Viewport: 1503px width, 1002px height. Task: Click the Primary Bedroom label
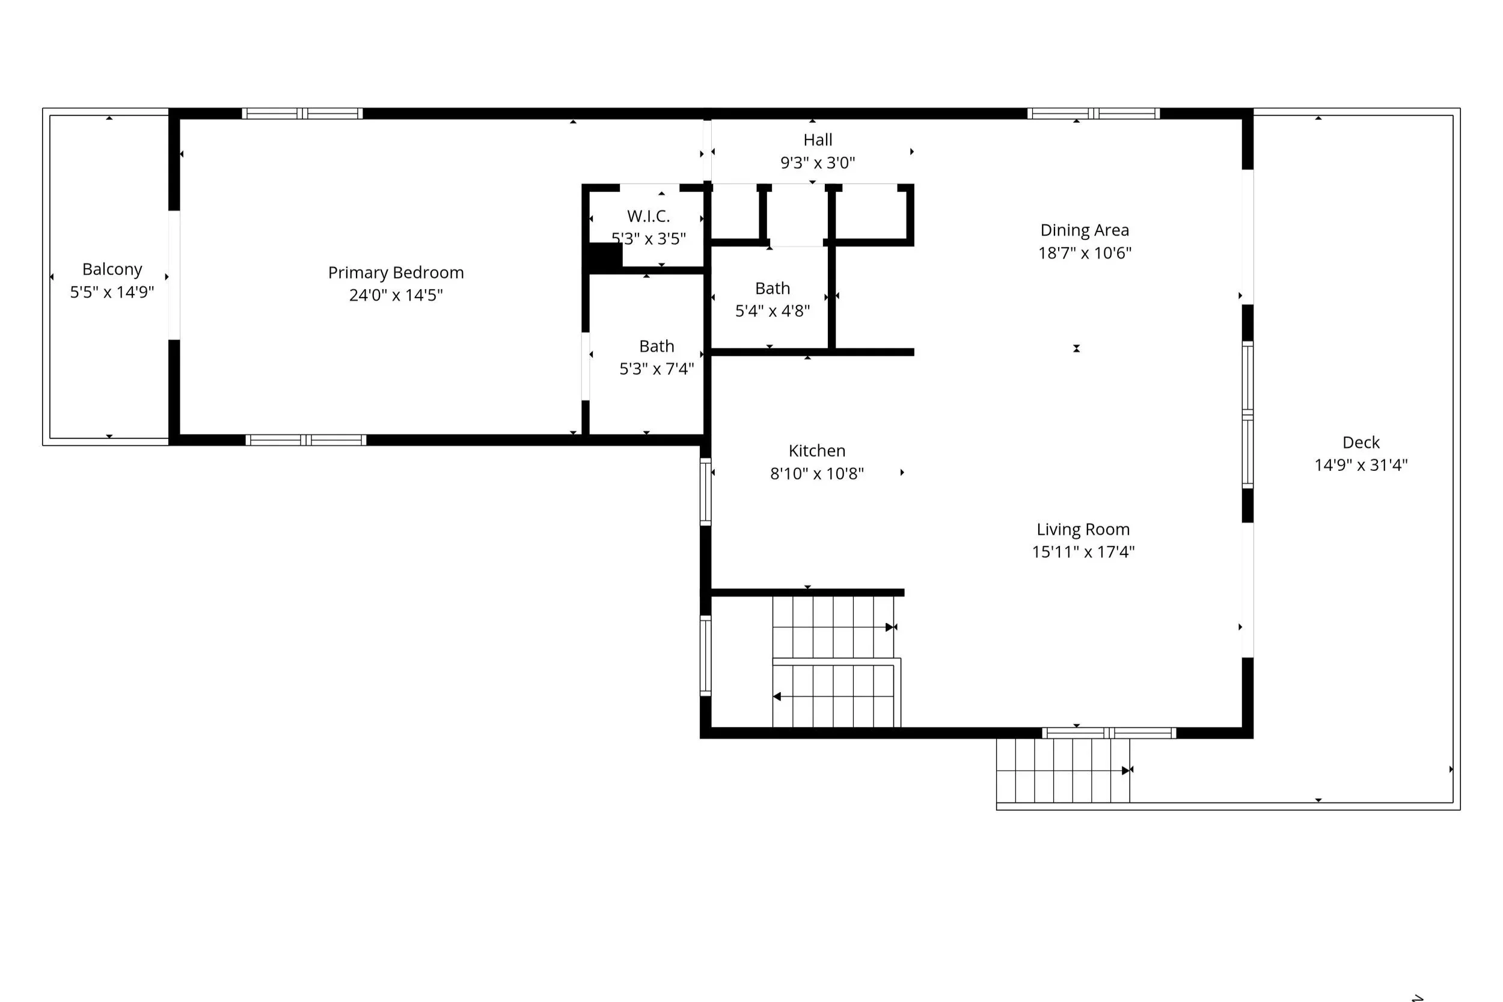pos(396,273)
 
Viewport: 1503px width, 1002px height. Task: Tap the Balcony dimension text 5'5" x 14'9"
pos(112,292)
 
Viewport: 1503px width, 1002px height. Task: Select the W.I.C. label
pos(648,216)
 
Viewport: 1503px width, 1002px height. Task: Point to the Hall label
pos(818,140)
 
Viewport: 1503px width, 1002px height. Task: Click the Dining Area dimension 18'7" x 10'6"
pos(1085,253)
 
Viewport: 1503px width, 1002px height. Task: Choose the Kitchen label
pos(817,451)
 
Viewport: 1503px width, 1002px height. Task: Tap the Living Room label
pos(1083,530)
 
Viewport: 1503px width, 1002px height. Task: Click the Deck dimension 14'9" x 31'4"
pos(1361,466)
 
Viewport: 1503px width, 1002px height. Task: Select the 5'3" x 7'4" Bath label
pos(657,346)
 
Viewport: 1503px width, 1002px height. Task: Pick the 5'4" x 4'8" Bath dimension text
pos(773,311)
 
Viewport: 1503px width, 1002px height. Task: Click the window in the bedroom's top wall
pos(302,114)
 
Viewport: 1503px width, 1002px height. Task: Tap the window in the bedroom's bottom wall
pos(306,440)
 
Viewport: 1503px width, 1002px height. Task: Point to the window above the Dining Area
pos(1094,114)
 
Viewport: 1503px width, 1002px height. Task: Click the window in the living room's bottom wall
pos(1109,733)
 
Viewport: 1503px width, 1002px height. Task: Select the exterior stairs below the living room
pos(1063,770)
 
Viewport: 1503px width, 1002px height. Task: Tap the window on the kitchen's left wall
pos(705,492)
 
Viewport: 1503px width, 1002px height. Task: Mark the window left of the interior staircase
pos(705,656)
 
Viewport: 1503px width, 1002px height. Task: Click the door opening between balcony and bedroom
pos(174,275)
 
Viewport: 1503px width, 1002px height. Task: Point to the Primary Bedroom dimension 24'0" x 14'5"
pos(396,295)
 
